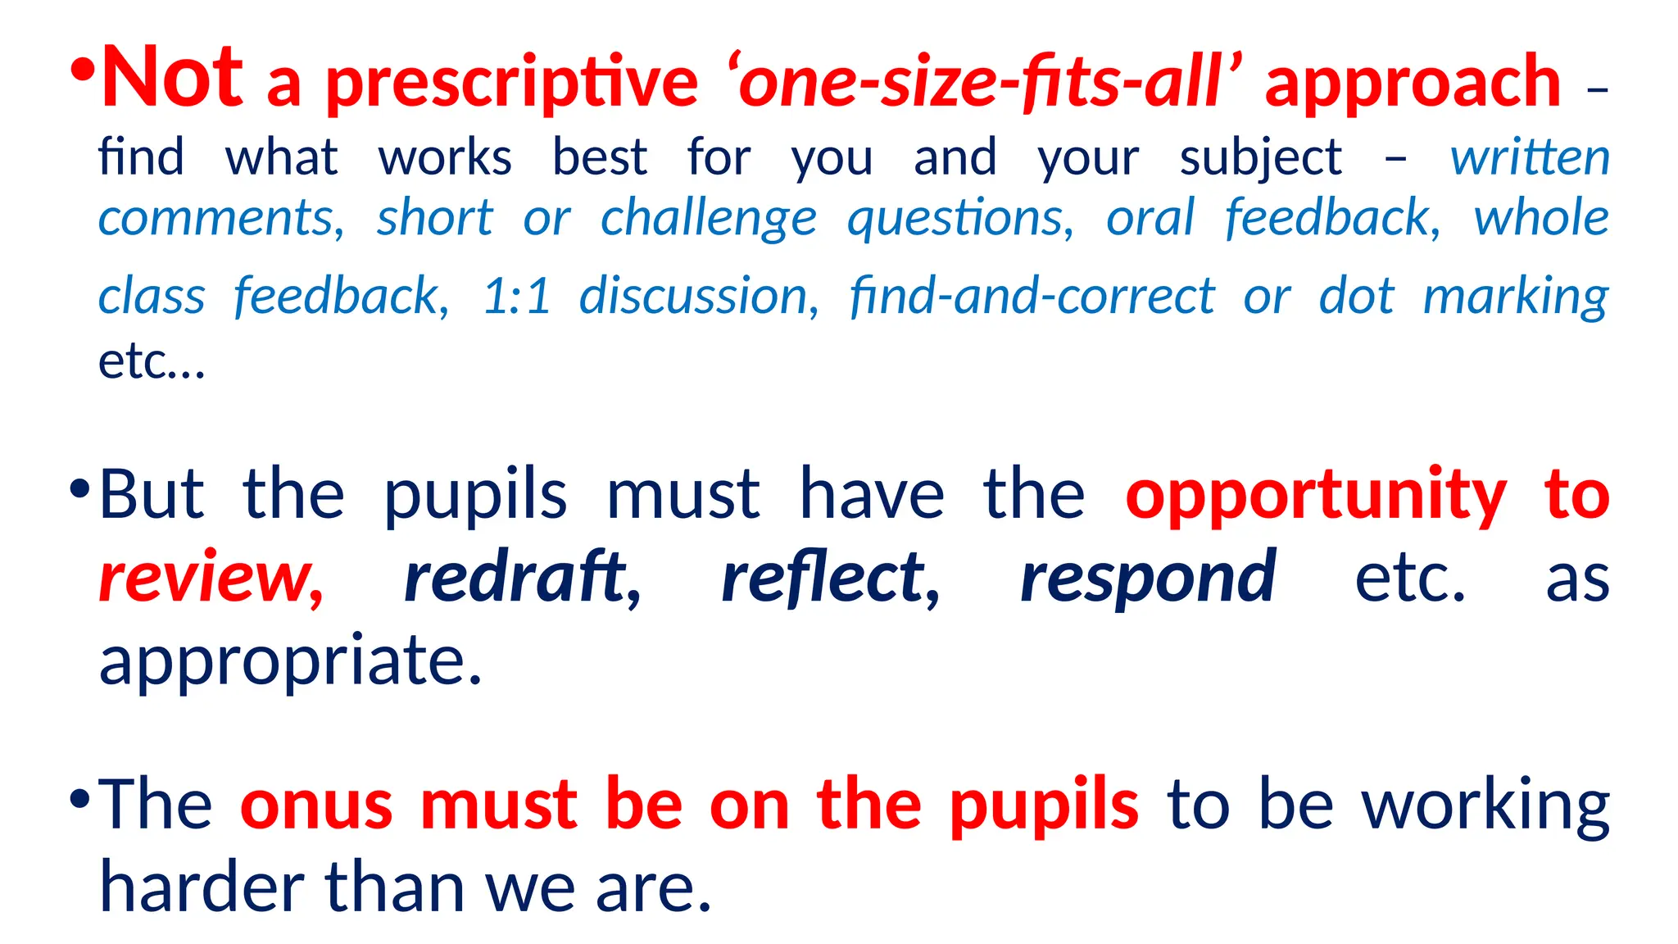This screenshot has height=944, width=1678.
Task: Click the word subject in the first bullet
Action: click(x=1260, y=158)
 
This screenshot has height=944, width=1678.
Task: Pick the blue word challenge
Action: click(x=708, y=220)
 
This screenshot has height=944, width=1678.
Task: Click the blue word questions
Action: click(x=959, y=220)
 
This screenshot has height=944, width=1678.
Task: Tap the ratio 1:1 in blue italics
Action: click(x=516, y=296)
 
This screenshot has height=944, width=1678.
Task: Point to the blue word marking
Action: click(x=1515, y=297)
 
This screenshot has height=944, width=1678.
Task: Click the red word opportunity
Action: click(x=1316, y=497)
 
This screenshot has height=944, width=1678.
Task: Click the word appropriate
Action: click(x=290, y=662)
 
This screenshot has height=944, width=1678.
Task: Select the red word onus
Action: click(x=316, y=805)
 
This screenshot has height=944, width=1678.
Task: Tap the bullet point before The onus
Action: click(x=79, y=798)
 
